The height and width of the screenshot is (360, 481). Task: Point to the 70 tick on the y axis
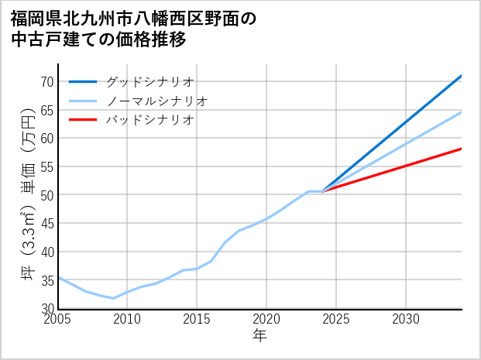point(46,81)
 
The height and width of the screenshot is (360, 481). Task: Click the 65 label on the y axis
point(46,110)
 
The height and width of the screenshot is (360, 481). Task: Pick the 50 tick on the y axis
point(46,195)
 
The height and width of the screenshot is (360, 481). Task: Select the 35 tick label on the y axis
point(46,280)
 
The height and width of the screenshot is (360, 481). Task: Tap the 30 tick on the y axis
point(46,308)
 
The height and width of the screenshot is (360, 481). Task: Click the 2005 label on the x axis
point(58,319)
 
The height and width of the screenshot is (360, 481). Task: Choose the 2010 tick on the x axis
point(128,319)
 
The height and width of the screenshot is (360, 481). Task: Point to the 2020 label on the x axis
point(267,319)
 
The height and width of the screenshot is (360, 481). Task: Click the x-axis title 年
point(260,336)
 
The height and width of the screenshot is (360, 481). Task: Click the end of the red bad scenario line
point(462,149)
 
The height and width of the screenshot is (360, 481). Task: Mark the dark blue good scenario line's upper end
point(462,76)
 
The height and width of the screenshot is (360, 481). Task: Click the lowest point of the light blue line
point(114,298)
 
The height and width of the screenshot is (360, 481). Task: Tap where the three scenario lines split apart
point(323,191)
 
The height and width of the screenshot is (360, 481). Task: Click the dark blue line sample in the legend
point(83,81)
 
